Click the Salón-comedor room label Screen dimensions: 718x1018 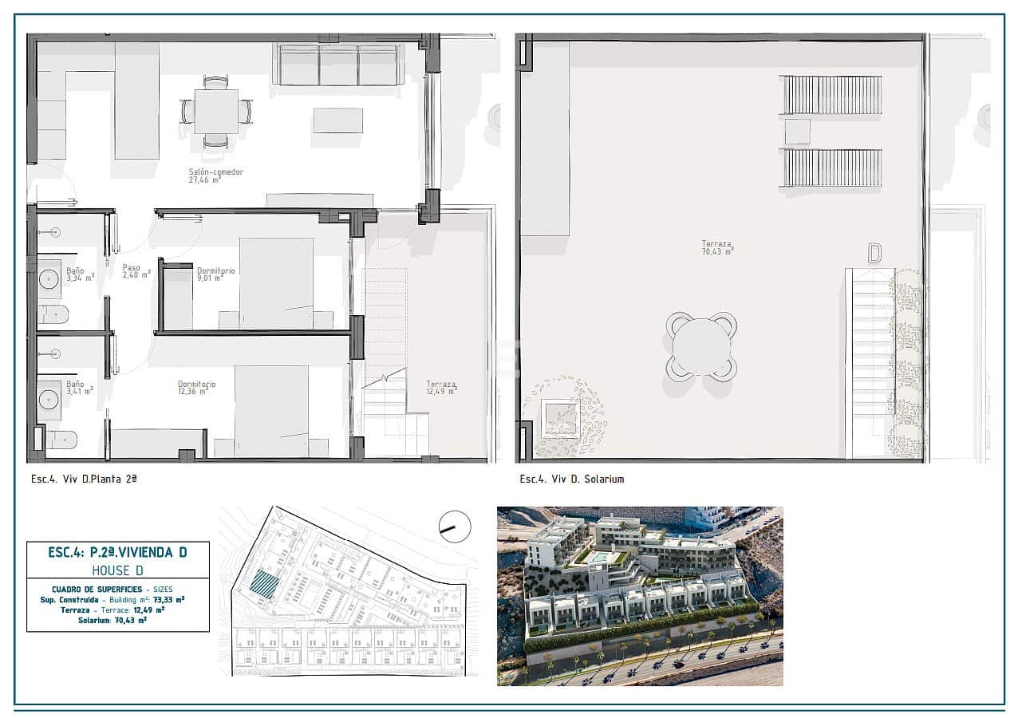215,176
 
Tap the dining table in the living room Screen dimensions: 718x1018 216,111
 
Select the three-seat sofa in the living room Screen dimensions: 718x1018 338,65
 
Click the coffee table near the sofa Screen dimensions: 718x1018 337,120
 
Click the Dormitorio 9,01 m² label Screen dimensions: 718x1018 215,275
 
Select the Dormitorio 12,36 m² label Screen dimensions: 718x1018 195,388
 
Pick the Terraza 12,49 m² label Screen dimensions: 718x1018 441,388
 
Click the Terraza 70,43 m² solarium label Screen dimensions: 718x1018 717,247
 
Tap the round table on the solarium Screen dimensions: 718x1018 701,346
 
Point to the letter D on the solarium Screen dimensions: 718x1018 874,254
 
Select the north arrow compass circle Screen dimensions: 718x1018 455,527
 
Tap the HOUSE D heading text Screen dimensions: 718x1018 118,570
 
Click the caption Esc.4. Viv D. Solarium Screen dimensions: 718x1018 571,479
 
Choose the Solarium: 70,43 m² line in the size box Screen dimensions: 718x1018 118,620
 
